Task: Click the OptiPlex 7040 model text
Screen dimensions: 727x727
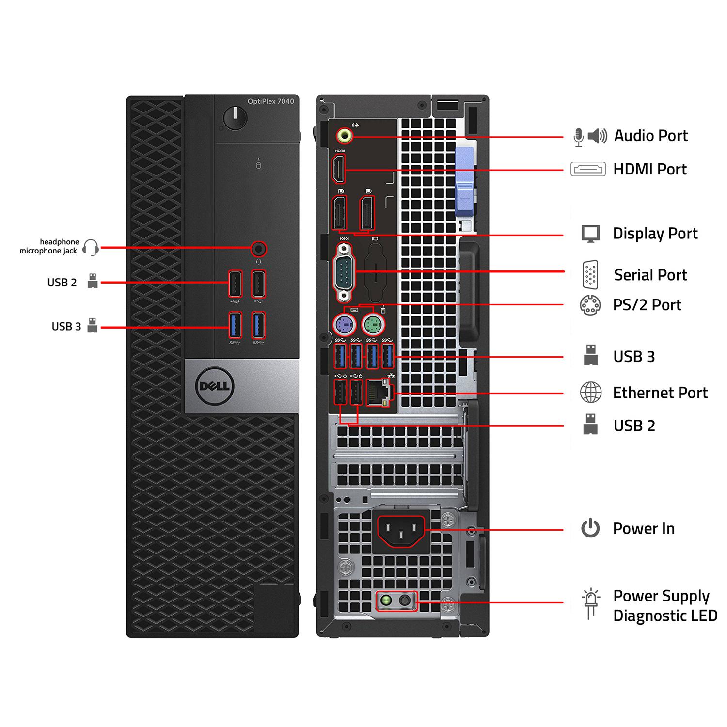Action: click(270, 101)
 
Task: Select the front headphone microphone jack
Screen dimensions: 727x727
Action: click(259, 249)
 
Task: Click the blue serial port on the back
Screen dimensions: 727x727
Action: click(345, 272)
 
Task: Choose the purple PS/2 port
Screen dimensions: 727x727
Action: click(345, 324)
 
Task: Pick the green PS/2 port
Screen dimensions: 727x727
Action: click(373, 324)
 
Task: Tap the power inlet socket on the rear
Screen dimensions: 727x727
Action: click(401, 530)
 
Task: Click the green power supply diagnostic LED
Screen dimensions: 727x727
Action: click(386, 601)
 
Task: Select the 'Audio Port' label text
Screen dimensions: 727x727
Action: click(650, 136)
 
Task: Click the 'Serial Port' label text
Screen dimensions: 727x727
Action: click(650, 275)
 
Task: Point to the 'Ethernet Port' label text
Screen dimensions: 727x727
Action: click(660, 393)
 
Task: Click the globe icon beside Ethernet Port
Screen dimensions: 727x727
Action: click(590, 393)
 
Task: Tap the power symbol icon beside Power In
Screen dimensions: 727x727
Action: click(590, 528)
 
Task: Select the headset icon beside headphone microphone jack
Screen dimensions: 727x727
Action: click(91, 247)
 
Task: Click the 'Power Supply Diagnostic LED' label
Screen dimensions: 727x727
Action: click(664, 605)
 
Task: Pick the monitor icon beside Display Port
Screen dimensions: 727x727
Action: click(590, 234)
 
